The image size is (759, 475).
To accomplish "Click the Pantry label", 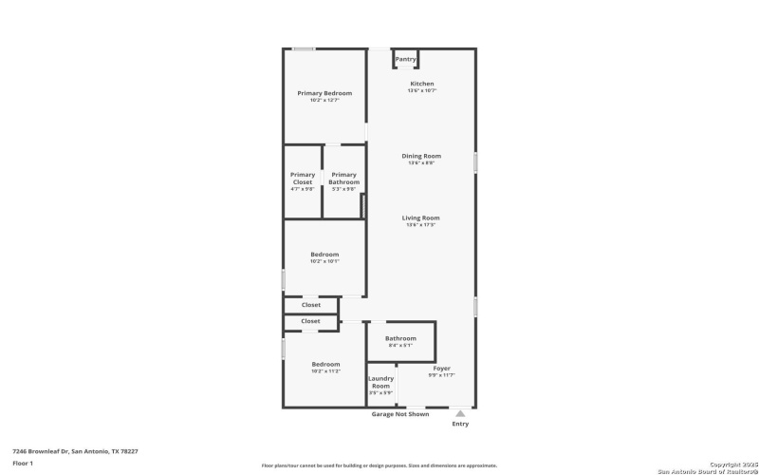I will tap(405, 59).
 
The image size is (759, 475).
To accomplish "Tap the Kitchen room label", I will tap(421, 84).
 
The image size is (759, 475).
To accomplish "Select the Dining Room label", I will tap(421, 156).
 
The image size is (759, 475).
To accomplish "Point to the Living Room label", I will tap(421, 218).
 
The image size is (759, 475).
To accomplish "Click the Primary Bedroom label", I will tap(324, 93).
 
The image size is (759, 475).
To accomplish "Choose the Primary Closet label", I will tap(303, 178).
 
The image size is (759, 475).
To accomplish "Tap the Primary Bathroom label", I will tap(343, 178).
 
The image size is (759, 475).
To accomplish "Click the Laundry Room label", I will tap(380, 383).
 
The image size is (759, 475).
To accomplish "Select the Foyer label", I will tap(442, 368).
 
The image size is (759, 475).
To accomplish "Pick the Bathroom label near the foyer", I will tap(400, 338).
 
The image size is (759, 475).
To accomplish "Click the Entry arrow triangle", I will tap(460, 413).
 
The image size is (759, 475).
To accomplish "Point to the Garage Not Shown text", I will tap(399, 414).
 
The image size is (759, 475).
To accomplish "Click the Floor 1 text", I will tap(23, 463).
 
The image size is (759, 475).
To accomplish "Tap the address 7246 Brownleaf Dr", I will tap(75, 451).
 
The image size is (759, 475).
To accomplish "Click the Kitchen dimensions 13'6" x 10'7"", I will tap(421, 90).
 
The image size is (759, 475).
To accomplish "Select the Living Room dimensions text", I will tap(421, 225).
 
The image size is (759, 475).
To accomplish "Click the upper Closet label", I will tap(311, 305).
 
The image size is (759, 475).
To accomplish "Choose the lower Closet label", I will tap(311, 321).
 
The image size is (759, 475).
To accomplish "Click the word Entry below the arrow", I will tap(460, 424).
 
